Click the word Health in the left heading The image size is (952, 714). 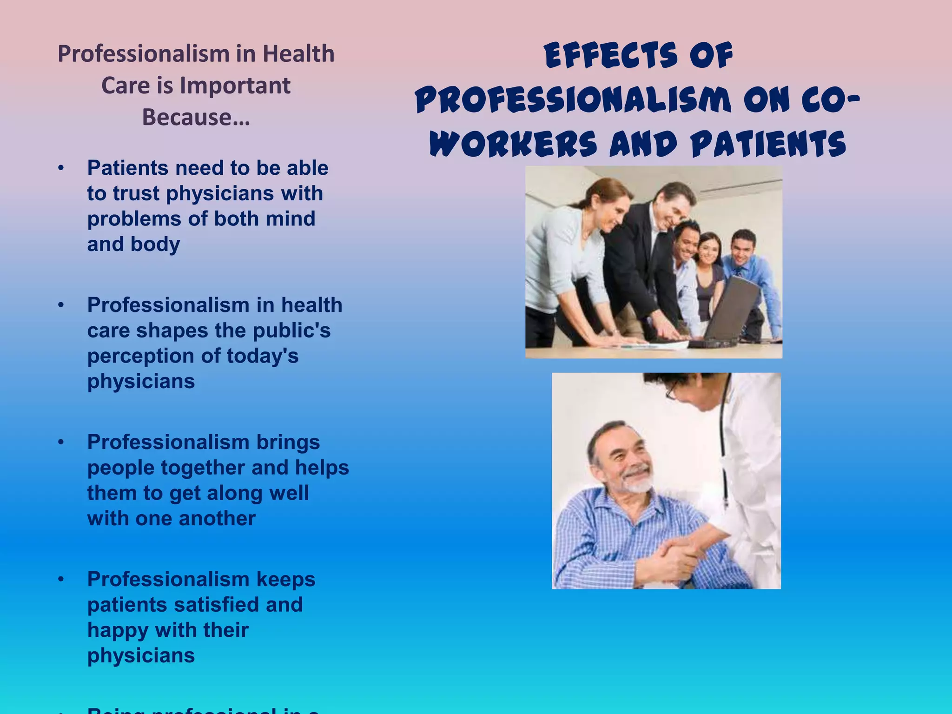coord(298,54)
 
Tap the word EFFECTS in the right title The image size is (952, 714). coord(610,56)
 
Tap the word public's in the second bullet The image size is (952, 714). coord(291,331)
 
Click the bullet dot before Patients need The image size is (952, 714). coord(61,168)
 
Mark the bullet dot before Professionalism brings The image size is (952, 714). coord(61,442)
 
